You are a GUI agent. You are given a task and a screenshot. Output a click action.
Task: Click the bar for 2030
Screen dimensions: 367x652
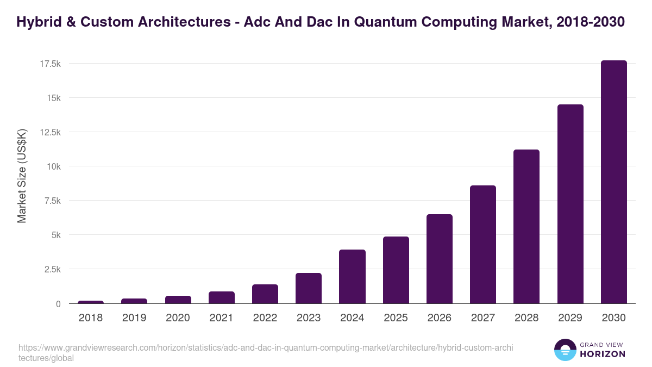(x=613, y=182)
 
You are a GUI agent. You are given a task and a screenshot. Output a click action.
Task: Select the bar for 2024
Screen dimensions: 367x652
(x=352, y=276)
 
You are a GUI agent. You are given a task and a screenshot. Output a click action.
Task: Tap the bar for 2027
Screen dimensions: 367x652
(x=482, y=245)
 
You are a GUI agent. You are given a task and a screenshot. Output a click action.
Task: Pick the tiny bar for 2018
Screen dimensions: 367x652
(x=91, y=302)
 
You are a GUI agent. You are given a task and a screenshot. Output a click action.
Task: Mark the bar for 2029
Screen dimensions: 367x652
(x=570, y=204)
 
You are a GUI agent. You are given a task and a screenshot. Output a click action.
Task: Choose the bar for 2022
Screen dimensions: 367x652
(x=265, y=294)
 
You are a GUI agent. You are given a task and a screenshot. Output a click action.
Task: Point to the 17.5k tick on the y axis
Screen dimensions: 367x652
(x=50, y=64)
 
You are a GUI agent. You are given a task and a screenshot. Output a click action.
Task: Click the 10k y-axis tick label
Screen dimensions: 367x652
(x=53, y=166)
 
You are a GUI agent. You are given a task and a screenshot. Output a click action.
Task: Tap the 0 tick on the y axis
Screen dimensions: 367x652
(x=58, y=304)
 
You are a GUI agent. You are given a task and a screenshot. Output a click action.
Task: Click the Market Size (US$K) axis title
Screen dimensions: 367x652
(x=22, y=177)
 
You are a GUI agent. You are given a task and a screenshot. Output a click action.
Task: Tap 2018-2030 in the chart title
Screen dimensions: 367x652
(x=591, y=22)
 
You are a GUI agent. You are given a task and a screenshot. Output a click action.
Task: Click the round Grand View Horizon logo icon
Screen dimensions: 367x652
(x=565, y=350)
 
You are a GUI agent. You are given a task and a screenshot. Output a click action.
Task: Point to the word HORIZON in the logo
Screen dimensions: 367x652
(x=602, y=354)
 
